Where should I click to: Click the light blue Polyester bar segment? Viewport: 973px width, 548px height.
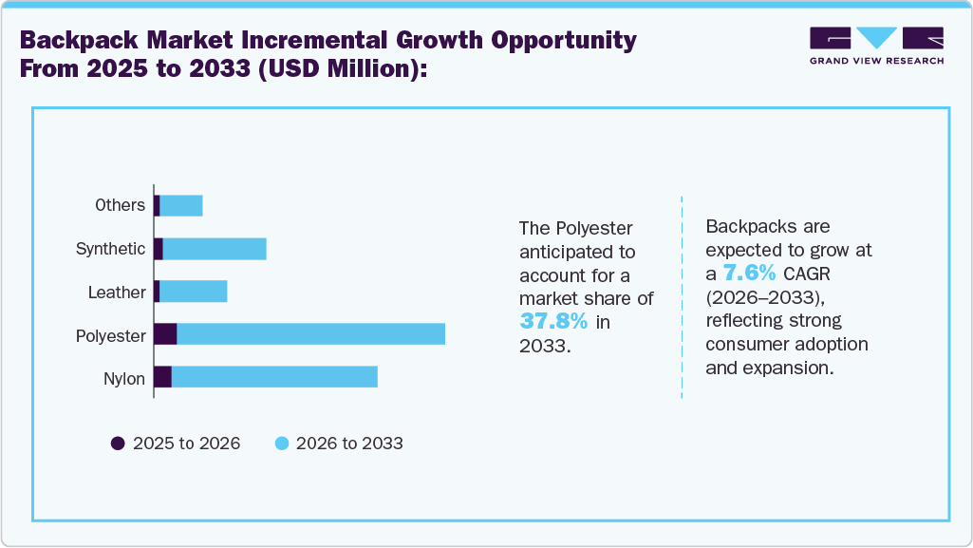coord(310,334)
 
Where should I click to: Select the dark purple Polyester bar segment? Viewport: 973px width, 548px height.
coord(165,334)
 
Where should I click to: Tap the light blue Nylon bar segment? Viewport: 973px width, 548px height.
coord(274,377)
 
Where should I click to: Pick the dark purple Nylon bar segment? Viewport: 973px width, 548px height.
coord(162,377)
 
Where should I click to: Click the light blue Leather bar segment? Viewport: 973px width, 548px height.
coord(194,292)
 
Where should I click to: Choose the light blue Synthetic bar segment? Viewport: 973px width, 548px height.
coord(215,249)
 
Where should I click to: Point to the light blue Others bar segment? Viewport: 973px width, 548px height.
coord(181,205)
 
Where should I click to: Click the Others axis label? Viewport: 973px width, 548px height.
coord(120,205)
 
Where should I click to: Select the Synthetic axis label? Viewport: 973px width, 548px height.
coord(110,249)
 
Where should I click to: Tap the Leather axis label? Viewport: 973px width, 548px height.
coord(117,293)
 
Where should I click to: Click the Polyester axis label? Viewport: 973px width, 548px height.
coord(111,335)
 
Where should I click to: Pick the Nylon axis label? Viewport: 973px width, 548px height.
coord(124,379)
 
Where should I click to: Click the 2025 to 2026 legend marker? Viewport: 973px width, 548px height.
coord(119,444)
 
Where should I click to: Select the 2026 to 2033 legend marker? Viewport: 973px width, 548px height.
coord(282,444)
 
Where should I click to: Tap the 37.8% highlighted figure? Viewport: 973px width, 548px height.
coord(553,321)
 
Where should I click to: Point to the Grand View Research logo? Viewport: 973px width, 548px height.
coord(876,46)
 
